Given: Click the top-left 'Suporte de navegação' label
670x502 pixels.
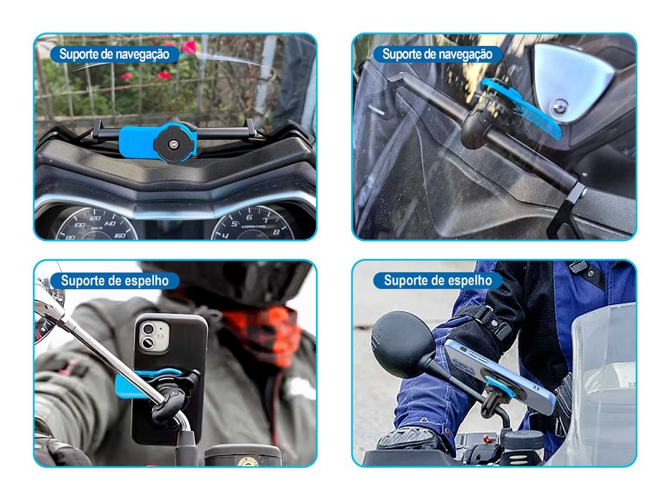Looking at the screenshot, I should click(113, 54).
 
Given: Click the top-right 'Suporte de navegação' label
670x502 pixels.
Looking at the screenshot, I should click(437, 54).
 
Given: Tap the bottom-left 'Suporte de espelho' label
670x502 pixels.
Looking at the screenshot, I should click(114, 280).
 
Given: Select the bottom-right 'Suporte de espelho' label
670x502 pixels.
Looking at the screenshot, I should click(437, 280).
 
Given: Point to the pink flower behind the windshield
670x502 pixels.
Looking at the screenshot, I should click(190, 47).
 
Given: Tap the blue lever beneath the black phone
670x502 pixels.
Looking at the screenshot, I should click(144, 381).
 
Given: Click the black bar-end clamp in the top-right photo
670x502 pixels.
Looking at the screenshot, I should click(567, 208).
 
